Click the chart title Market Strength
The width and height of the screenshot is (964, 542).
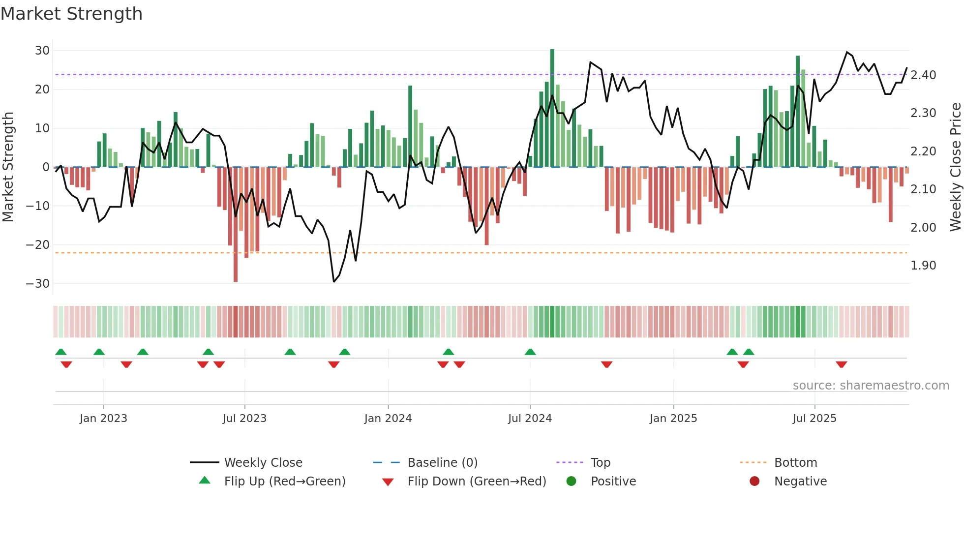[72, 14]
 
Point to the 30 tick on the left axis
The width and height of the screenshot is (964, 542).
[42, 51]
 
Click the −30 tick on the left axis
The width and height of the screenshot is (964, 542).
[38, 284]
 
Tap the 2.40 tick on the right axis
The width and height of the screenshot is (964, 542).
[923, 75]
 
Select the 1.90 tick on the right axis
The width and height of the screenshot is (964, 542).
[923, 266]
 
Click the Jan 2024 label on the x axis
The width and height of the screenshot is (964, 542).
[388, 419]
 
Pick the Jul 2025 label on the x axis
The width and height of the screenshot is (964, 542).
[814, 419]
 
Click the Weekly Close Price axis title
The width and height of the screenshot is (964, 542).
[955, 167]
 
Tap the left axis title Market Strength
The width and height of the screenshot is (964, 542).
[8, 167]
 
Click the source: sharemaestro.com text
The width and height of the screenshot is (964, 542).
[871, 386]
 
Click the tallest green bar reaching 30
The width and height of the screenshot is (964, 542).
[552, 108]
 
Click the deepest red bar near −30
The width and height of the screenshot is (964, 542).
[236, 224]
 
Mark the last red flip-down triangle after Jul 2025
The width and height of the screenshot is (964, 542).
[841, 364]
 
